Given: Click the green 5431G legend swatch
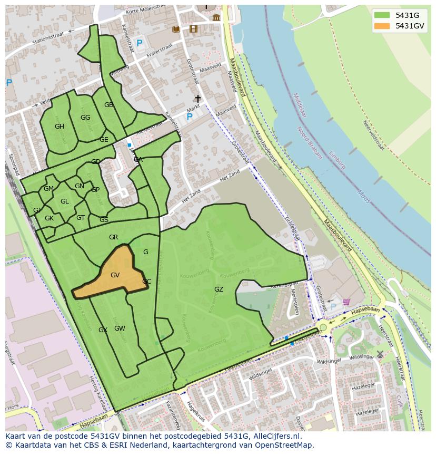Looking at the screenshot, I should (x=383, y=15).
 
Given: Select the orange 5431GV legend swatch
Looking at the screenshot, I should (x=383, y=26).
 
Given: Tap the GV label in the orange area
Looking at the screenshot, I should (x=115, y=275).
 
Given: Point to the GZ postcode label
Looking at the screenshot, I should (x=219, y=289).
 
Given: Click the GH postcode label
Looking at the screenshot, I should (x=60, y=127).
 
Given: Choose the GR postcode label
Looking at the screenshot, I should (x=113, y=237).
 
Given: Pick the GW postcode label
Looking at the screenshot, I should (x=120, y=329).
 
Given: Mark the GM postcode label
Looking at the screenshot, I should (x=48, y=189).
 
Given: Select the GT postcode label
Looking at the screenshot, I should (x=81, y=218).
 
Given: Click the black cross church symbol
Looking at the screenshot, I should (x=198, y=99).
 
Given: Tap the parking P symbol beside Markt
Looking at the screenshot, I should (x=190, y=117).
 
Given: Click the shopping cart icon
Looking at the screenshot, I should (x=346, y=302).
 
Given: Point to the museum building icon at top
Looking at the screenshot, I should (x=216, y=18).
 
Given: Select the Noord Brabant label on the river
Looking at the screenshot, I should (x=309, y=142).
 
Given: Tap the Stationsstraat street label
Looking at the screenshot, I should (x=51, y=38).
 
